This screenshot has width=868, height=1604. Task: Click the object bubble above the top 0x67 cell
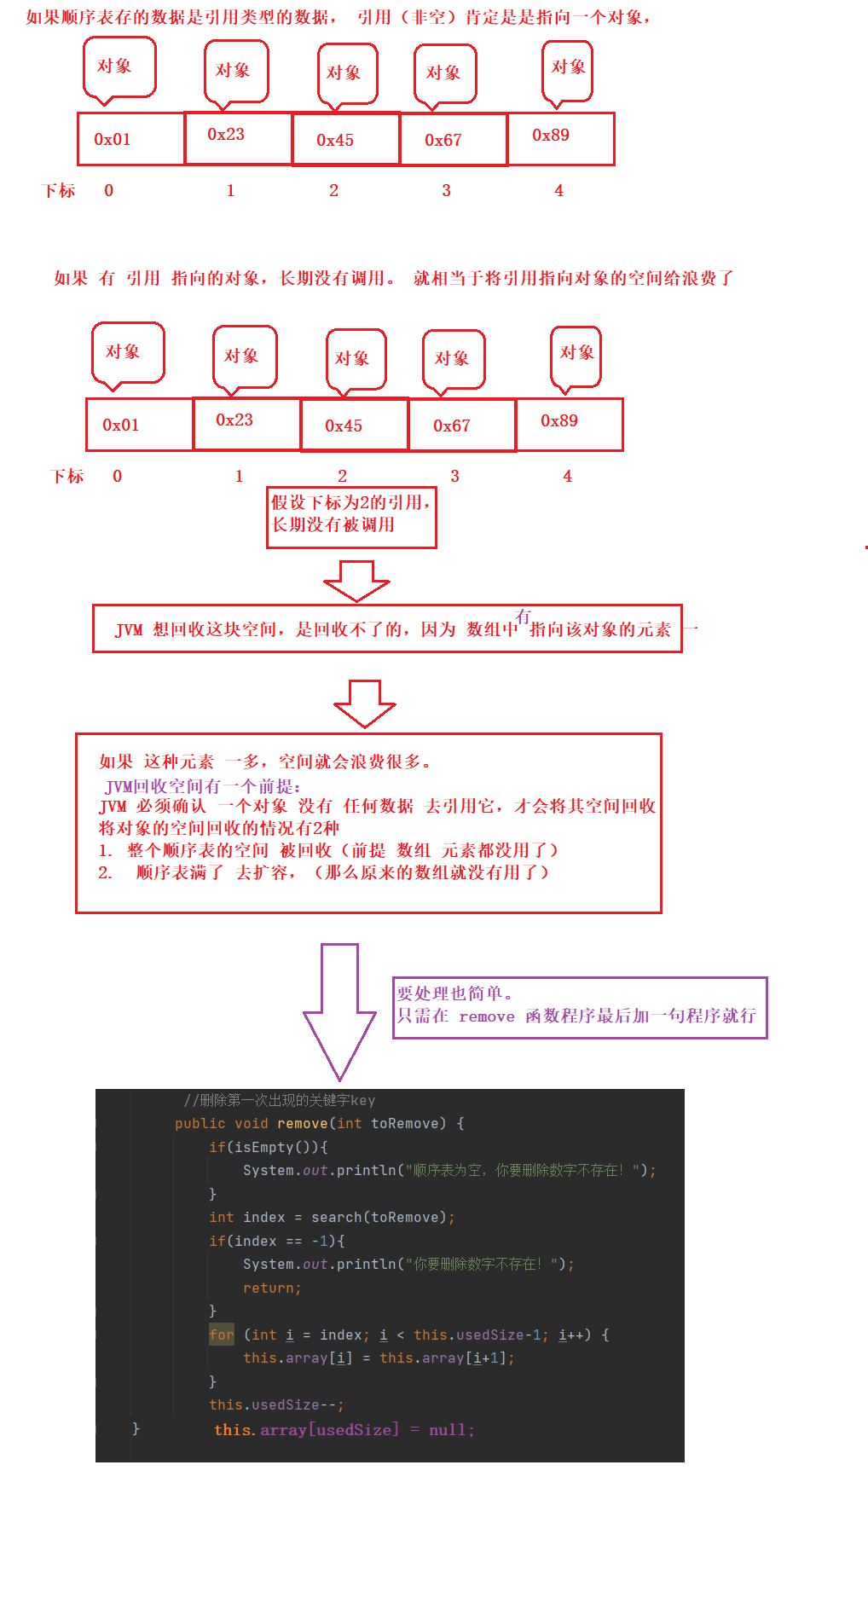[444, 74]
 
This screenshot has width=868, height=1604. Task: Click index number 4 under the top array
[558, 191]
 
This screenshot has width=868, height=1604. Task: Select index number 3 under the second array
[454, 477]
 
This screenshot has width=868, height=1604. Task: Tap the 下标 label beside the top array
[59, 191]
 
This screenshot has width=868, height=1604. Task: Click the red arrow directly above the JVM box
[356, 581]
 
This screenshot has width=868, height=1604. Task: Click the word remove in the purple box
[486, 1016]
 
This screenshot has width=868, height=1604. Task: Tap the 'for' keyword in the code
[222, 1335]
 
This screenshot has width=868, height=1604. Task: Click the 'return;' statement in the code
[272, 1288]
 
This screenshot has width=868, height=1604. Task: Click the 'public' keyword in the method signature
[200, 1124]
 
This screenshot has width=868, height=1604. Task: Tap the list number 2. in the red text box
[105, 872]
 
